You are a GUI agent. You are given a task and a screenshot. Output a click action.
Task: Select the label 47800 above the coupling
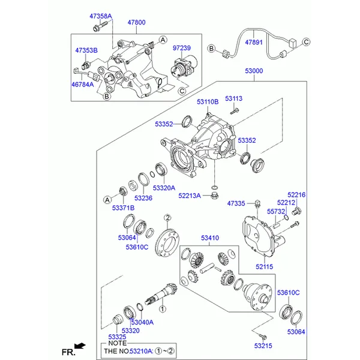(136, 23)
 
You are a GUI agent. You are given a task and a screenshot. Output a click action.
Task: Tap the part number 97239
(181, 47)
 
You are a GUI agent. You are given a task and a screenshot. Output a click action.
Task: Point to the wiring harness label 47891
(254, 43)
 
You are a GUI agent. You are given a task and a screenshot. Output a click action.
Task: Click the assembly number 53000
(253, 71)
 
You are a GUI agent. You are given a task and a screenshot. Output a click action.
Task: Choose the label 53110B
(208, 102)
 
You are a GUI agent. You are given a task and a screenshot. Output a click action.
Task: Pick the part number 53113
(234, 98)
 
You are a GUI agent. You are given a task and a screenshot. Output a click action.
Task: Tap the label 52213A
(190, 196)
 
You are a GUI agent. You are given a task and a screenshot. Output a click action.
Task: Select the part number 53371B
(123, 208)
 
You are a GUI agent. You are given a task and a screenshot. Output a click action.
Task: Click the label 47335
(236, 204)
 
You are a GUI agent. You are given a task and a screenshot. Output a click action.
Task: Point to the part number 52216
(296, 194)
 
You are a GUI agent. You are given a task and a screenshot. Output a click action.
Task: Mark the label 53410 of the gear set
(209, 238)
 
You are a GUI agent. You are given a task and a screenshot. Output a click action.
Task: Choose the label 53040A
(142, 322)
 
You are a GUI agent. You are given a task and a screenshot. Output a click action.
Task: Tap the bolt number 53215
(263, 346)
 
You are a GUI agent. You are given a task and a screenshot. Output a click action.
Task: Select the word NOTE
(113, 343)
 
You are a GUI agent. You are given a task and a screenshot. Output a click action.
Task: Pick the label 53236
(143, 198)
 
